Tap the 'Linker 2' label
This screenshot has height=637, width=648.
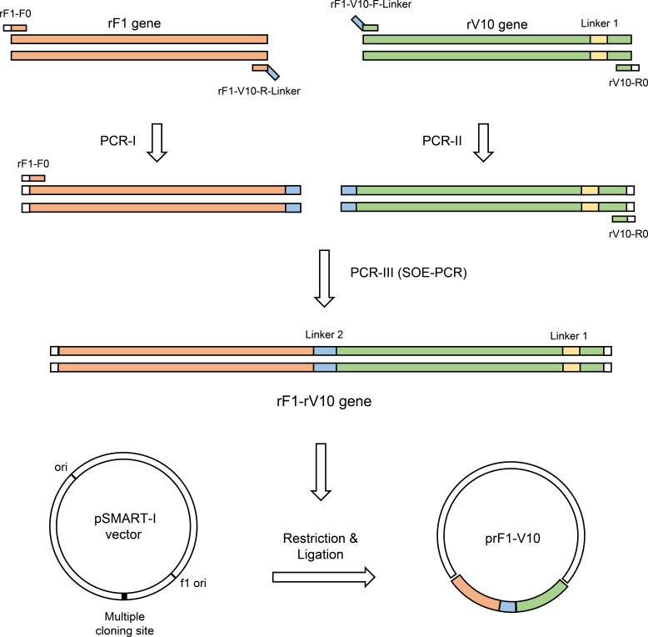tap(325, 334)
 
